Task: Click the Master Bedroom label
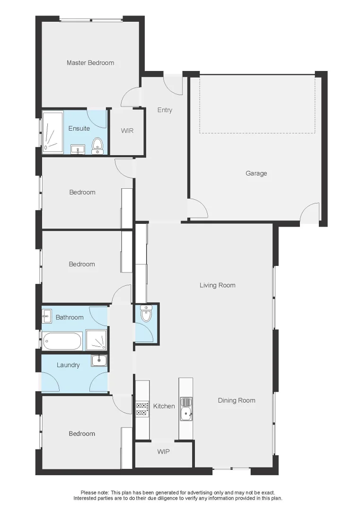pos(90,63)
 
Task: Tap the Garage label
pos(256,174)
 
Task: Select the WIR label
pos(127,131)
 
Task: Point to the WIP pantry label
pos(163,452)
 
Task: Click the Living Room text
pos(217,285)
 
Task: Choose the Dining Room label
pos(237,400)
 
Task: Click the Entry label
pos(165,110)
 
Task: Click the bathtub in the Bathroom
pos(62,341)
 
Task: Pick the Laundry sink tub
pos(99,360)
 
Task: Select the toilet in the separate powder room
pos(146,313)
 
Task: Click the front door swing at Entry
pos(172,84)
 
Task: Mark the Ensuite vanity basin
pos(77,150)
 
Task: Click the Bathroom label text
pos(70,317)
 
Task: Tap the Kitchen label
pos(164,406)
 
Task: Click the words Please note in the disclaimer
pos(95,493)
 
